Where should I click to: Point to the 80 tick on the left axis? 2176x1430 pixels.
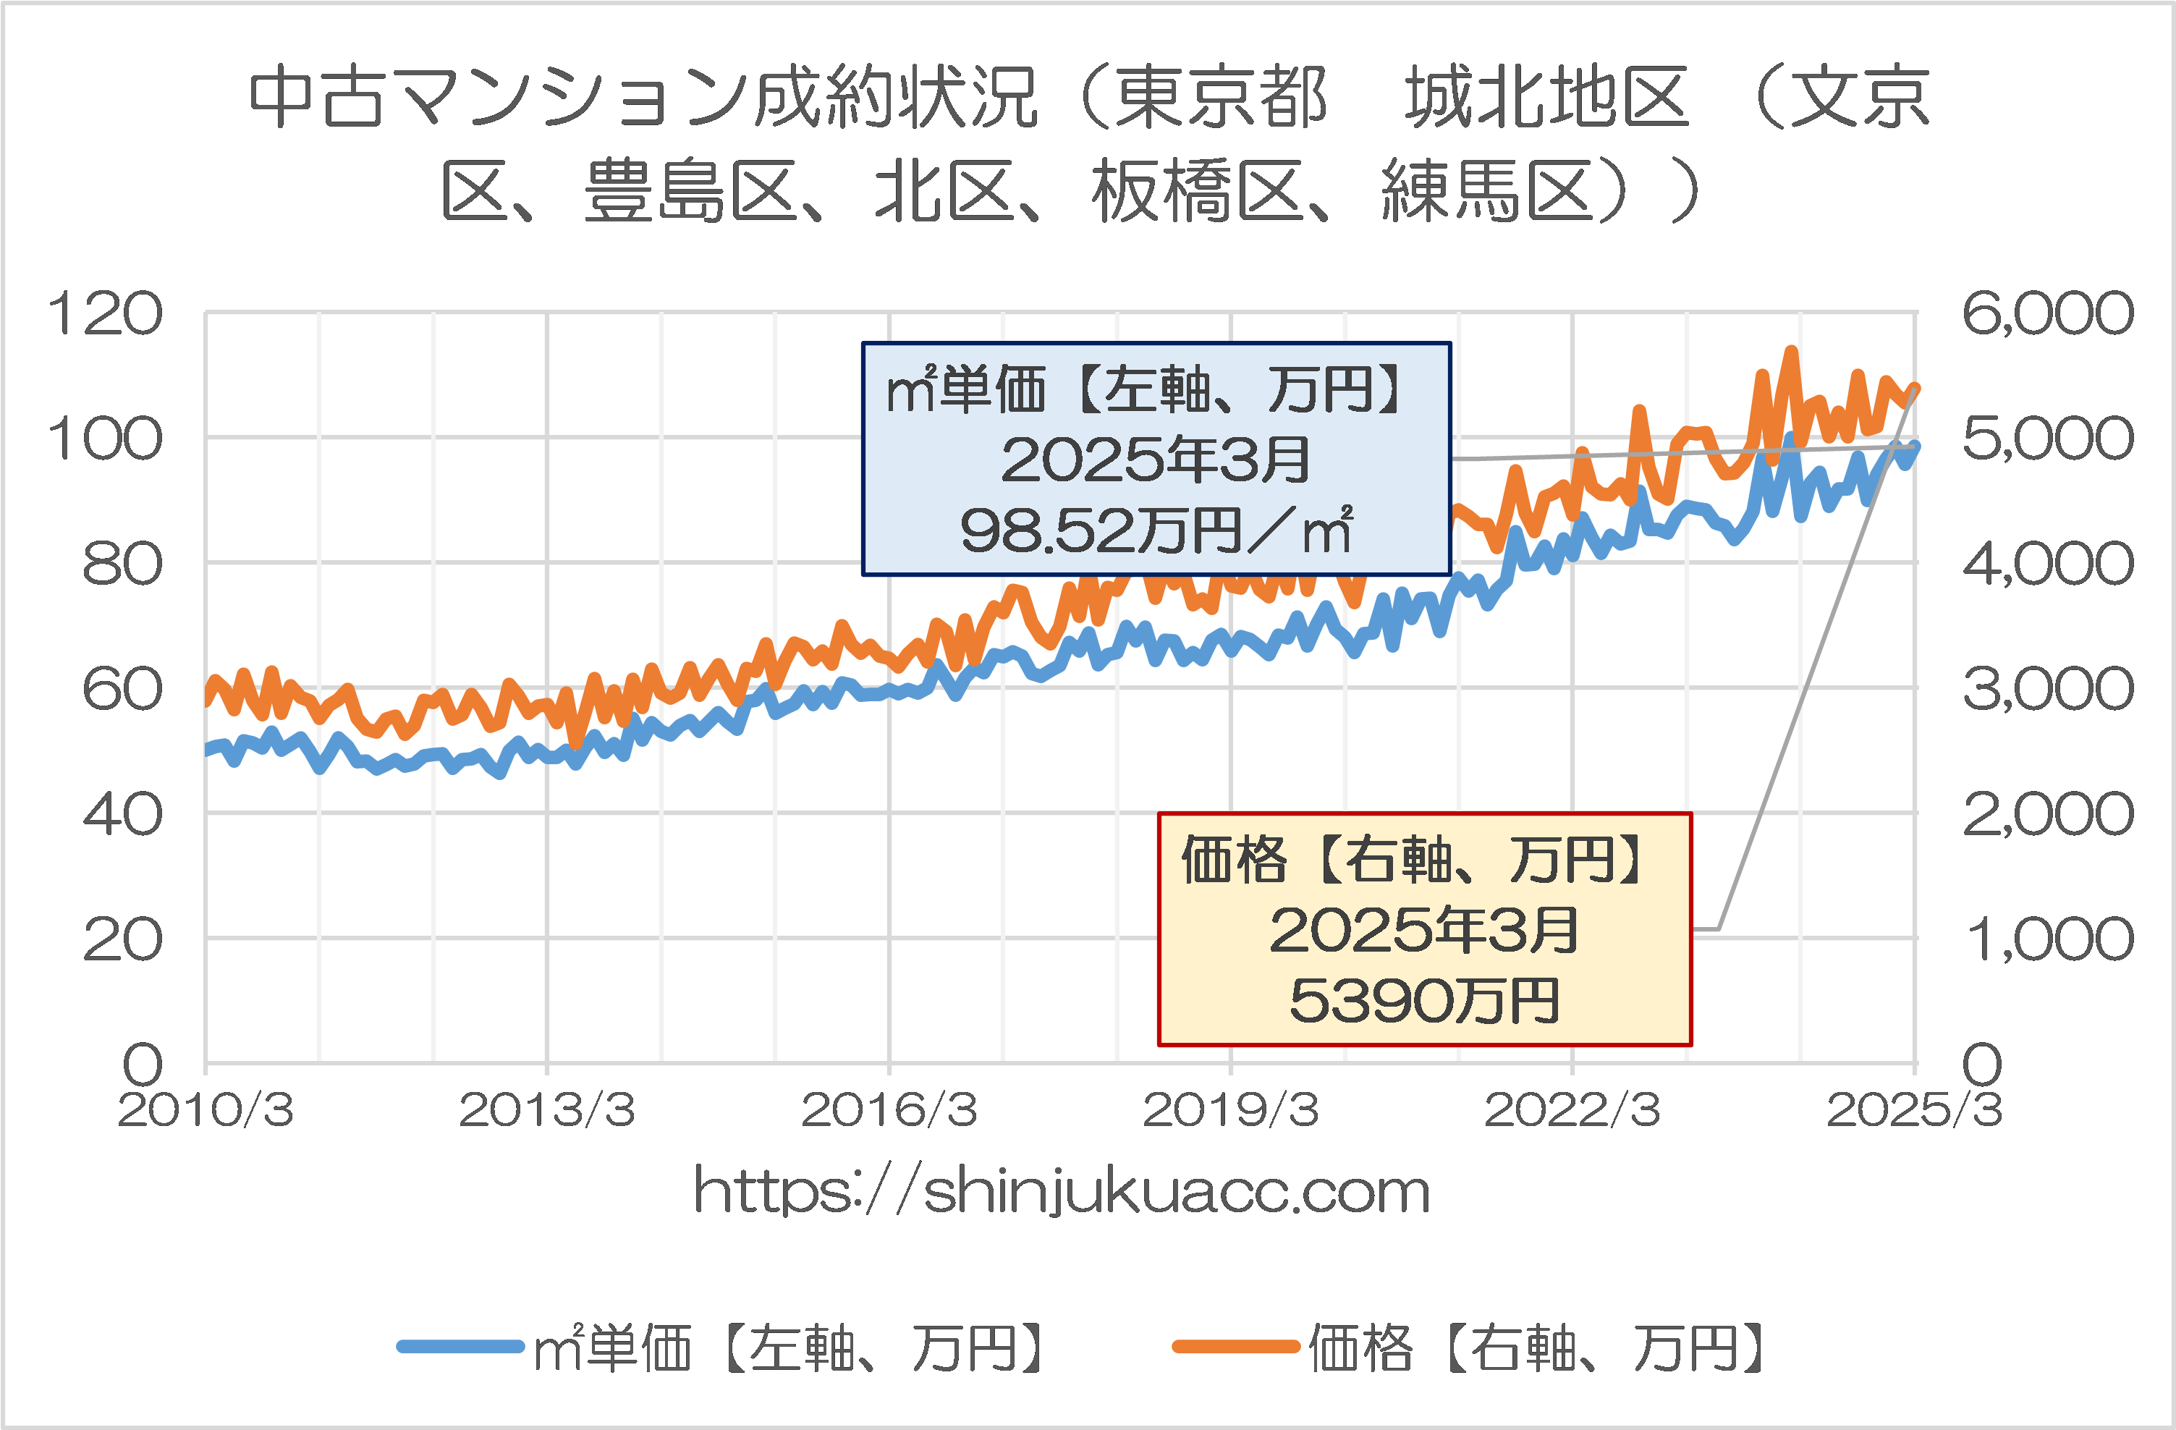click(122, 564)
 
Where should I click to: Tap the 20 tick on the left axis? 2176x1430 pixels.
click(122, 940)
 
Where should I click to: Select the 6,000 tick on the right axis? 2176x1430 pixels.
click(2047, 313)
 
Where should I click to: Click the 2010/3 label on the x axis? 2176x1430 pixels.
click(206, 1110)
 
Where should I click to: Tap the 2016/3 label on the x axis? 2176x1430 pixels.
click(889, 1110)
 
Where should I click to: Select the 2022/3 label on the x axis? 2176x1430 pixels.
click(1572, 1110)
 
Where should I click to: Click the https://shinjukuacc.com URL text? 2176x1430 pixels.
click(1062, 1191)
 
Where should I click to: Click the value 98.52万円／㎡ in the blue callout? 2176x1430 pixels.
click(1156, 530)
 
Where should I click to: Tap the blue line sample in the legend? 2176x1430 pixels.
click(460, 1346)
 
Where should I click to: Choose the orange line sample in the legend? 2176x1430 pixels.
click(1235, 1346)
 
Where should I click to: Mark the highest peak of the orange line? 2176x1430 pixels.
click(1792, 350)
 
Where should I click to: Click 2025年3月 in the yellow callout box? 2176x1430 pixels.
click(1423, 930)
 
